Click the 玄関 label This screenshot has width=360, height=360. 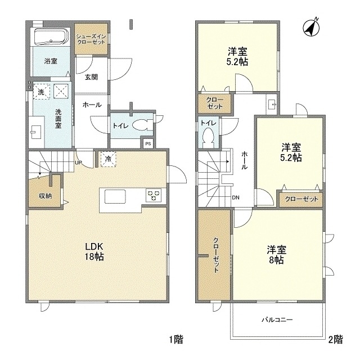92,78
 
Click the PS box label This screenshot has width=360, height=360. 147,143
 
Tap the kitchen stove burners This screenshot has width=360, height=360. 154,195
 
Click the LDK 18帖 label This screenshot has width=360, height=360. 96,251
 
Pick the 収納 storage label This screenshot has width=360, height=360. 45,196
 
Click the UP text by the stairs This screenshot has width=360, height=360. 79,164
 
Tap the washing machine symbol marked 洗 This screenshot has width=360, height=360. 41,91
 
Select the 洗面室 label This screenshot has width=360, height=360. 58,118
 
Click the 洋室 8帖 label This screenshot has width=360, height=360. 275,254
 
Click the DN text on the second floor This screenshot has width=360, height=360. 236,197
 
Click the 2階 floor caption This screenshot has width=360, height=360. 335,339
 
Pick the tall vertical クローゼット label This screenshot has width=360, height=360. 215,255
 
